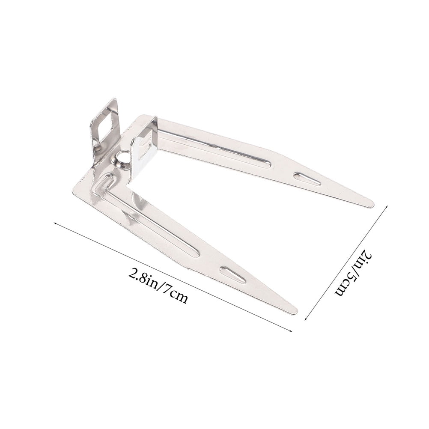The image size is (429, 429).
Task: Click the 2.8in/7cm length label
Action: coord(158,285)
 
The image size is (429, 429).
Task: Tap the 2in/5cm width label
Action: coord(354,274)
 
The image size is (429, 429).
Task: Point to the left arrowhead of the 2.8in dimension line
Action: coord(56,224)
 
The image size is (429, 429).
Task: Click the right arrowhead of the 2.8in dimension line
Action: coord(291,331)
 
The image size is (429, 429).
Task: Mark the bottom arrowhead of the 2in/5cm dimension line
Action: coord(306,318)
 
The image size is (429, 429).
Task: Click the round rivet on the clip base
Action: coord(120,158)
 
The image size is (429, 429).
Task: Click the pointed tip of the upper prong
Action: coord(372,204)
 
